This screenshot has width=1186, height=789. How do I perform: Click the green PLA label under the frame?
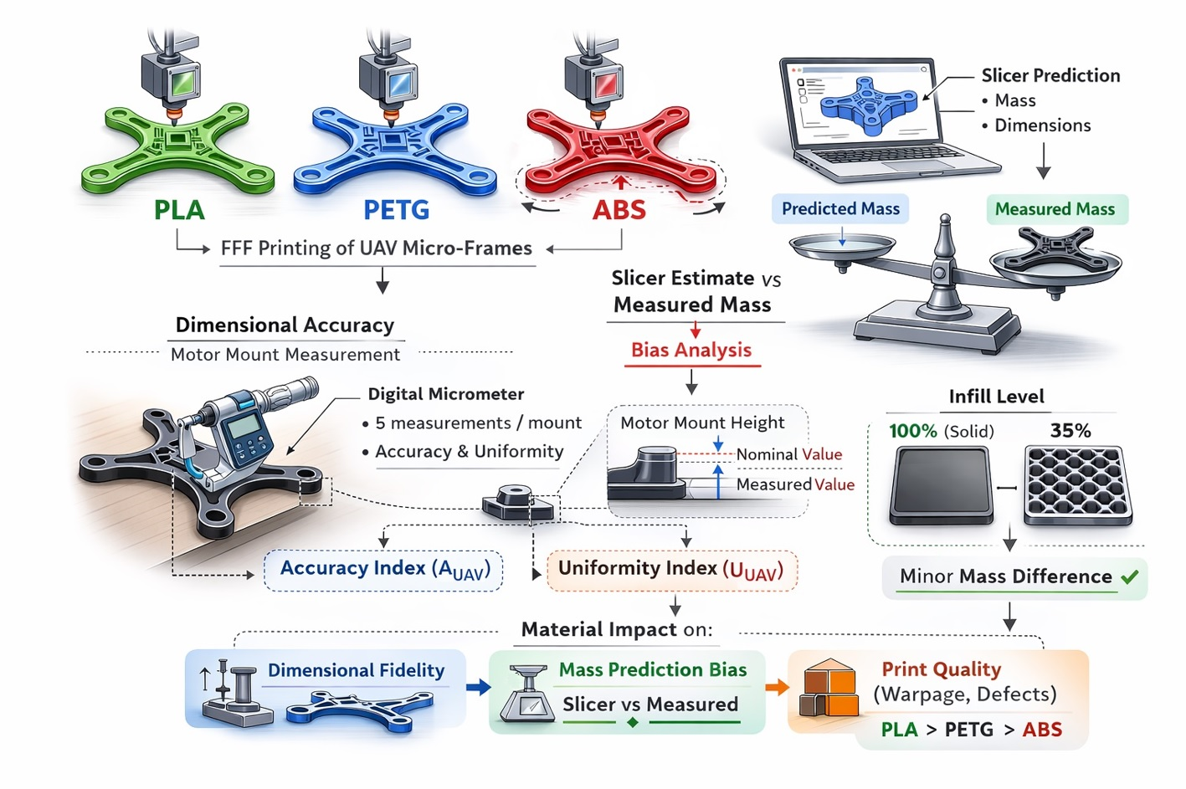click(179, 209)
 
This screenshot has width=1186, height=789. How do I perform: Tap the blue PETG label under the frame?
click(396, 209)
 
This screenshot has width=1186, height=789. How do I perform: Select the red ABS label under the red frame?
click(619, 209)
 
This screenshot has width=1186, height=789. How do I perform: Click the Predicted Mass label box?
click(840, 208)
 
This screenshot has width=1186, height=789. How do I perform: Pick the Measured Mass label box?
click(1055, 209)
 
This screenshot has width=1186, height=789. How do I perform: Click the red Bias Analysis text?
click(691, 350)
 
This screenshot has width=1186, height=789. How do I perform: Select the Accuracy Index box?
click(383, 570)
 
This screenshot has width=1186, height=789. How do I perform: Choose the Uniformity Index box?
click(671, 570)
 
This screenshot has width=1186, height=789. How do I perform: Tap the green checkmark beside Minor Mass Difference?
click(1130, 576)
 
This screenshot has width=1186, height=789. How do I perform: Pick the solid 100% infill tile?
click(942, 485)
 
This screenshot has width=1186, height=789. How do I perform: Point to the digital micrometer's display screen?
click(244, 428)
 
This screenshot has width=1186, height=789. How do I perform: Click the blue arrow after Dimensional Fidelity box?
click(478, 687)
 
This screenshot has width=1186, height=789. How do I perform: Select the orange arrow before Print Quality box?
click(777, 687)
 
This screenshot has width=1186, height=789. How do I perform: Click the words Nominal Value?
click(789, 454)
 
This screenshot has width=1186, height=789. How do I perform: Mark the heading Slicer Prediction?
click(1050, 75)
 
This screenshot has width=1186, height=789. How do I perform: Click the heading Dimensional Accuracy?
click(285, 325)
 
